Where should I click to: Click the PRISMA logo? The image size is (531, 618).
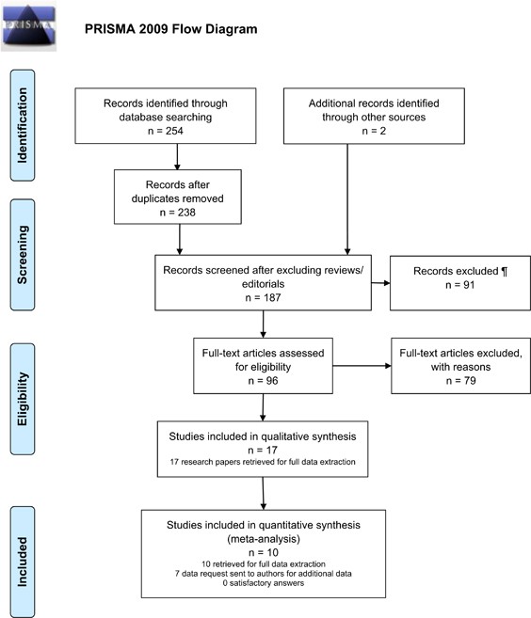pos(28,26)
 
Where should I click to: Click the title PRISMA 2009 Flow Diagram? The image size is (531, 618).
pos(170,29)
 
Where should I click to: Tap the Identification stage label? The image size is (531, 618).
pos(23,125)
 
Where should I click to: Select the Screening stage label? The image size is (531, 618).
pos(23,255)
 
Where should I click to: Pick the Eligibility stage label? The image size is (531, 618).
pos(23,399)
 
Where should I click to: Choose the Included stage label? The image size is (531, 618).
pos(23,563)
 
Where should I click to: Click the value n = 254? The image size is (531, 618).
pos(166,131)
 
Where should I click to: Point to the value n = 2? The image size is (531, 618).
pos(374,131)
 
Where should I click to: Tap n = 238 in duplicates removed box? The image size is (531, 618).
pos(178,213)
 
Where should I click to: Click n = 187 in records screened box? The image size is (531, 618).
pos(263,297)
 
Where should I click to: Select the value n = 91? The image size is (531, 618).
pos(460,285)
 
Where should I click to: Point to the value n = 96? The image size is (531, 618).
pos(263,381)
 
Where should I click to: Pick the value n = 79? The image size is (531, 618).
pos(460,381)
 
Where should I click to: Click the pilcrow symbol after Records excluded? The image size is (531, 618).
pos(505,272)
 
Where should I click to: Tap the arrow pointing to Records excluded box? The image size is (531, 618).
pos(380,283)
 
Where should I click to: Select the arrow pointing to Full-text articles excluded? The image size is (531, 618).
pos(362,366)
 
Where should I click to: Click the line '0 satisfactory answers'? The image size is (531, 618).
pos(264,583)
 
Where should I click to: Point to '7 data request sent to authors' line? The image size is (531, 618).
pos(264,574)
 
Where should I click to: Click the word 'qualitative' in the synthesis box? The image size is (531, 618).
pos(288,436)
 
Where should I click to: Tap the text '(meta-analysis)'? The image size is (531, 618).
pos(264,539)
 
